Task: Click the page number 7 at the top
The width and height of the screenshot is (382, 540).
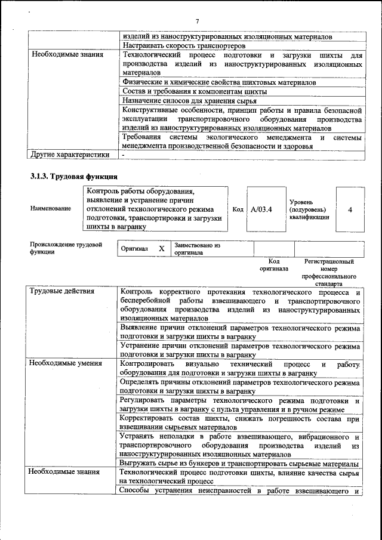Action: [196, 22]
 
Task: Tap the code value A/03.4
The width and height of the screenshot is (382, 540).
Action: [261, 209]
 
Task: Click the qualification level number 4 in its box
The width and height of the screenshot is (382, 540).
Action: [350, 210]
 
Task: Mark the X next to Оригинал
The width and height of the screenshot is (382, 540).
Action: [161, 248]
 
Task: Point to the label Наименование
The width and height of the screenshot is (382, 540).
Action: [51, 208]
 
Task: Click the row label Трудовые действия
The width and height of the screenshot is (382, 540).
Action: [62, 291]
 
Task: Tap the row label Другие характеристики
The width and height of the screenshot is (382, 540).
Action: [69, 155]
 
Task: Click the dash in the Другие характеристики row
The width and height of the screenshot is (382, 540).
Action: [123, 155]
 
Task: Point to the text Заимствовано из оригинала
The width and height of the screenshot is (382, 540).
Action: [198, 248]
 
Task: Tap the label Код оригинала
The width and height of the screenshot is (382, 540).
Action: [274, 265]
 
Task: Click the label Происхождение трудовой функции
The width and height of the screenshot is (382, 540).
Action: [66, 248]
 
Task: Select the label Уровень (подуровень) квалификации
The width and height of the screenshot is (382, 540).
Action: [308, 210]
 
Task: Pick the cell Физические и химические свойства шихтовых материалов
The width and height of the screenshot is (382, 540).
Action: [218, 82]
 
